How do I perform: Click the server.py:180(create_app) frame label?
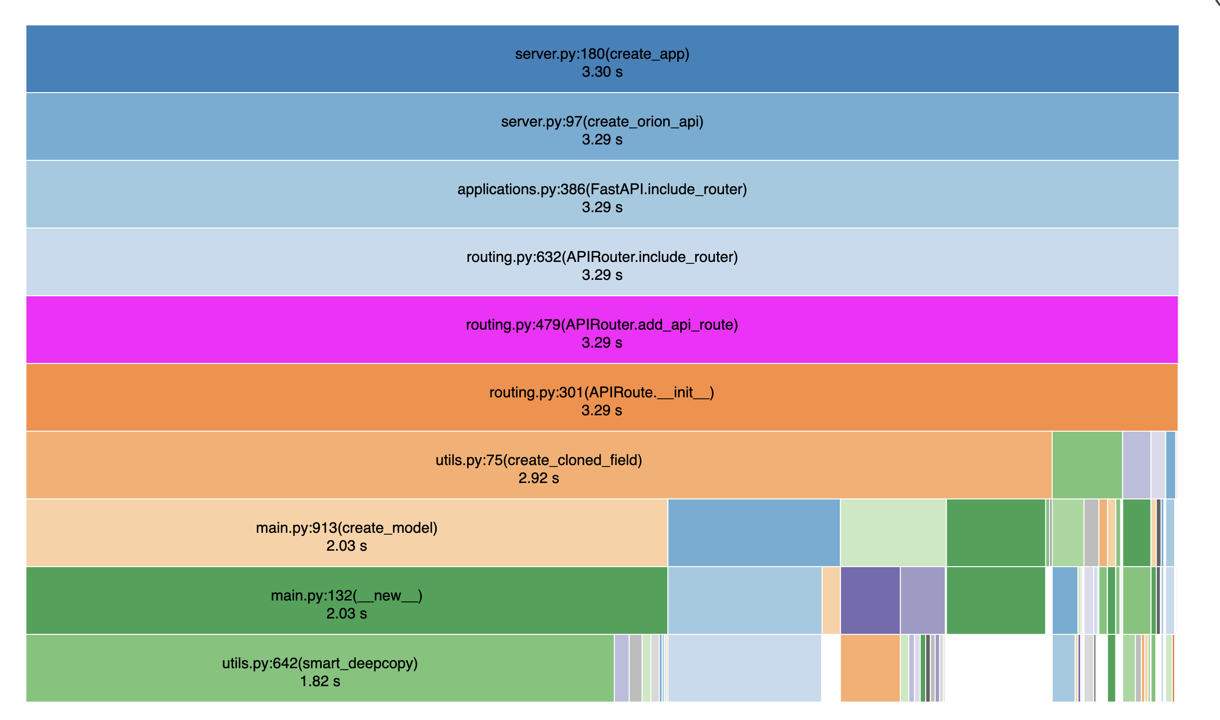tap(602, 54)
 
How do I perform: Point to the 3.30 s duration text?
tap(602, 72)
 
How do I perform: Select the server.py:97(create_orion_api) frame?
tap(602, 126)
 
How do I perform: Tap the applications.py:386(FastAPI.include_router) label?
tap(602, 189)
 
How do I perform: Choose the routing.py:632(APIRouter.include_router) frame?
tap(602, 262)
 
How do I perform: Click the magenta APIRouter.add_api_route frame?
tap(602, 330)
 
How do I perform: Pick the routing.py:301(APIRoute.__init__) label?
tap(602, 392)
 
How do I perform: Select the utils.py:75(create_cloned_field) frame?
tap(539, 465)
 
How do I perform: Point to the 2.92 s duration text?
tap(539, 478)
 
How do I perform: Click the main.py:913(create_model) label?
tap(347, 528)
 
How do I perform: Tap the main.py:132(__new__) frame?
tap(347, 600)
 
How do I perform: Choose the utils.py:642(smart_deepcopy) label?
tap(320, 663)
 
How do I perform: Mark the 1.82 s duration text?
tap(320, 681)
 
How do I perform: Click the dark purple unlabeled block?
tap(870, 600)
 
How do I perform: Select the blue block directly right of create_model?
tap(754, 533)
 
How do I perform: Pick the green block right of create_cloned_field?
tap(1087, 465)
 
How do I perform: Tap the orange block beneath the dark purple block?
tap(870, 668)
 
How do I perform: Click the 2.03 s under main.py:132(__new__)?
tap(347, 613)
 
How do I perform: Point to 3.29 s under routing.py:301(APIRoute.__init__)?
tap(602, 410)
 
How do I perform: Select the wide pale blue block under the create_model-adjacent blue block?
tap(744, 600)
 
